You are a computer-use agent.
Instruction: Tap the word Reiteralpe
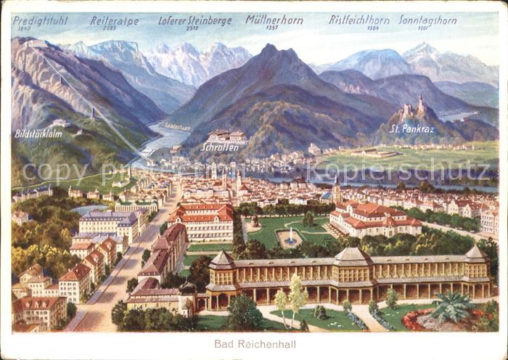pyautogui.click(x=114, y=20)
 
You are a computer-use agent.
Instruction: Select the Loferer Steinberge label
pyautogui.click(x=194, y=20)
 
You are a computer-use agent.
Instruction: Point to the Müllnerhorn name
pyautogui.click(x=274, y=20)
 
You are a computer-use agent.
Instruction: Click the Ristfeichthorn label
pyautogui.click(x=359, y=20)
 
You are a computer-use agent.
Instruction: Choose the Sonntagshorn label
pyautogui.click(x=427, y=20)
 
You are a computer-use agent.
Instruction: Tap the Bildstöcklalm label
pyautogui.click(x=38, y=134)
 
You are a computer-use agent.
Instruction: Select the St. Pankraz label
pyautogui.click(x=411, y=128)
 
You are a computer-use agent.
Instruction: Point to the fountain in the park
pyautogui.click(x=290, y=235)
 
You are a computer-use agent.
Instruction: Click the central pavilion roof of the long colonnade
pyautogui.click(x=352, y=256)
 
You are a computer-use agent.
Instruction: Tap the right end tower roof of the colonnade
pyautogui.click(x=475, y=253)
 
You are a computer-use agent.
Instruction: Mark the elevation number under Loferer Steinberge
pyautogui.click(x=192, y=28)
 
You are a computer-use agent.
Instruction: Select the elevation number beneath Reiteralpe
pyautogui.click(x=110, y=28)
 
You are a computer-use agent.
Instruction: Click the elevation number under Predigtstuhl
pyautogui.click(x=22, y=28)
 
